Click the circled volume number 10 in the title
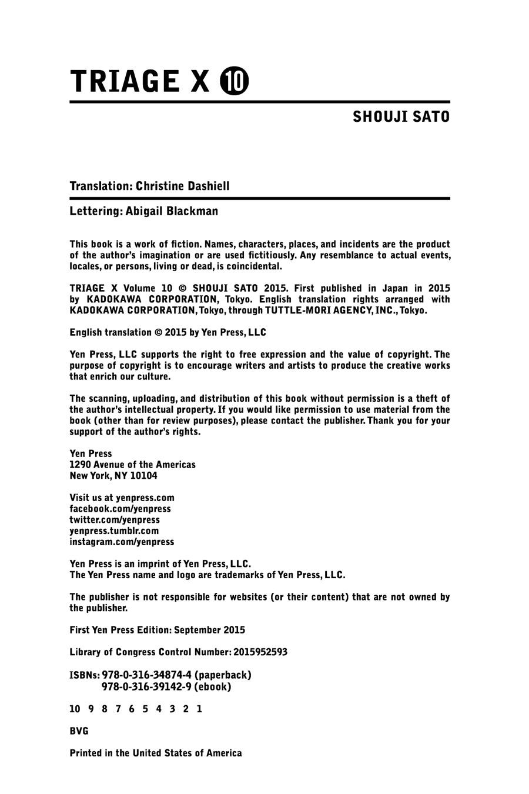pyautogui.click(x=234, y=82)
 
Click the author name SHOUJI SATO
pyautogui.click(x=401, y=117)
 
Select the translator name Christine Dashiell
pyautogui.click(x=183, y=186)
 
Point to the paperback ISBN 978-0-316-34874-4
pyautogui.click(x=147, y=675)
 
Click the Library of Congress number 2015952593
pyautogui.click(x=260, y=652)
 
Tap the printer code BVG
pyautogui.click(x=79, y=731)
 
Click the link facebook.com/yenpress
pyautogui.click(x=120, y=509)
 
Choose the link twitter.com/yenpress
pyautogui.click(x=115, y=520)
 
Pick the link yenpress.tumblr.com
pyautogui.click(x=114, y=531)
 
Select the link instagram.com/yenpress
pyautogui.click(x=122, y=542)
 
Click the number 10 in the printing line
pyautogui.click(x=75, y=709)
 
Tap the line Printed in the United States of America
pyautogui.click(x=155, y=753)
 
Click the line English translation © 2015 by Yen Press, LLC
pyautogui.click(x=168, y=332)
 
